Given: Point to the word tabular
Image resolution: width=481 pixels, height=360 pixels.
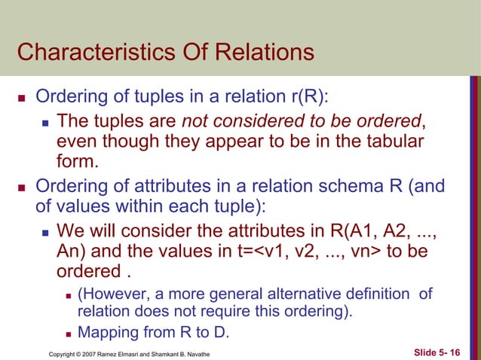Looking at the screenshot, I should coord(397,142).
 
